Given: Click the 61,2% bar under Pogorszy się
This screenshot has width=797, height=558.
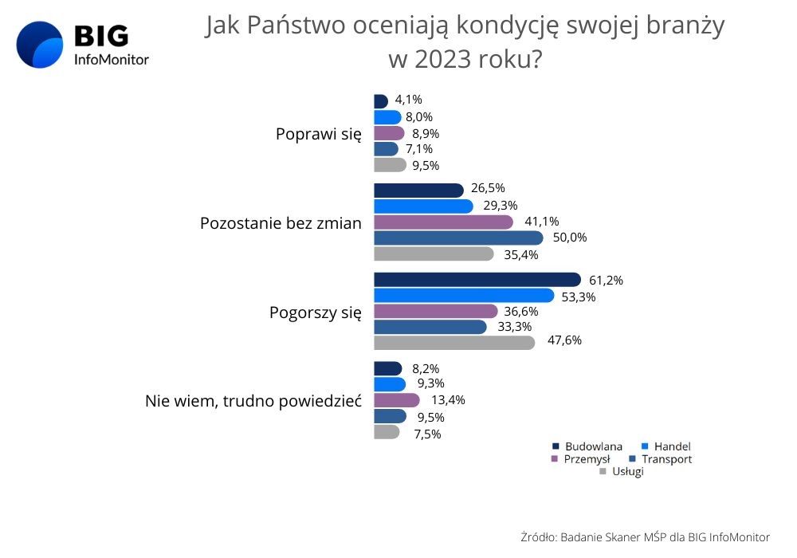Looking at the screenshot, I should [x=477, y=280].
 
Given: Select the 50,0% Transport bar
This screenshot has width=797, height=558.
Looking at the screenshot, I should [x=458, y=238].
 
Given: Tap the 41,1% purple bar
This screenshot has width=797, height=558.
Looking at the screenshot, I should [x=443, y=222].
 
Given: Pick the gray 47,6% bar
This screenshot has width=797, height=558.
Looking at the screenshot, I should [x=454, y=342].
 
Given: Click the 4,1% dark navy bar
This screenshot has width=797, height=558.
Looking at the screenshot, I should [x=380, y=101].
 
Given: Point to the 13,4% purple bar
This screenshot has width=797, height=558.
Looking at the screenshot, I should [x=396, y=400].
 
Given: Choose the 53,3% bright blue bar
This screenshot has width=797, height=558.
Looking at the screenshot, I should [x=464, y=296].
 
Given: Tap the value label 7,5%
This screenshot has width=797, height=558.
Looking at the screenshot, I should [x=426, y=434].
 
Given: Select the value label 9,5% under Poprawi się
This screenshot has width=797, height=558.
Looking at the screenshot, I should [x=426, y=166].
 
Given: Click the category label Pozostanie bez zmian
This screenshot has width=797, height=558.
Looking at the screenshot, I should [x=280, y=223].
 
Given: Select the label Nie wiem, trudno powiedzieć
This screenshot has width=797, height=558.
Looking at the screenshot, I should [x=253, y=401].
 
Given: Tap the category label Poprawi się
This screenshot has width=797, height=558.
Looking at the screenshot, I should [x=318, y=134].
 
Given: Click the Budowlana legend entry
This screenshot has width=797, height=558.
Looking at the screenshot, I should [x=588, y=446].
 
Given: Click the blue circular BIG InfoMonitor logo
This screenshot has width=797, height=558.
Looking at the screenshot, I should [x=40, y=45].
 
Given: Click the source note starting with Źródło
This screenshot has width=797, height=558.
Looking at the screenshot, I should [x=645, y=536].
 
